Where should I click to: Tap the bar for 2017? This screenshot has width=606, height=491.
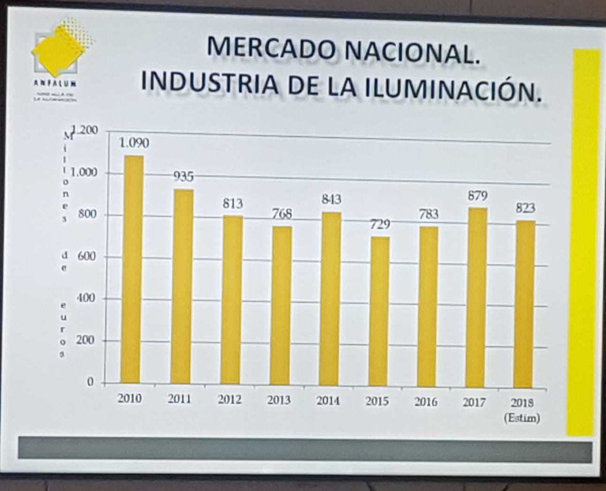click(x=476, y=298)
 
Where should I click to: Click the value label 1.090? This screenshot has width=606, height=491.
click(x=134, y=143)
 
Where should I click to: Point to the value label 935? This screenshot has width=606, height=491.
click(x=184, y=177)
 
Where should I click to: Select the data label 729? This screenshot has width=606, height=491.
click(x=380, y=225)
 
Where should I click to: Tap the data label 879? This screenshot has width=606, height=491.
click(x=477, y=196)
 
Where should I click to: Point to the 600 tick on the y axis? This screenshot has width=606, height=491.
click(x=86, y=257)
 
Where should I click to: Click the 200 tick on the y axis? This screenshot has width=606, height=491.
click(x=85, y=340)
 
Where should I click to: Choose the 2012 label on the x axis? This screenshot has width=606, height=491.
click(x=230, y=400)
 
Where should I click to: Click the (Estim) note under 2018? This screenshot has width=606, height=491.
click(x=522, y=418)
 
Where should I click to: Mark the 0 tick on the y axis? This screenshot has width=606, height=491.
click(x=90, y=382)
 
